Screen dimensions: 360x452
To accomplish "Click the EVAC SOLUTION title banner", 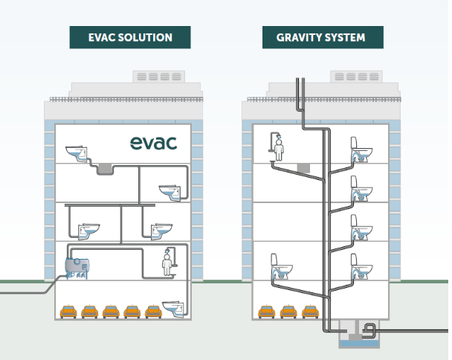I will [130, 37].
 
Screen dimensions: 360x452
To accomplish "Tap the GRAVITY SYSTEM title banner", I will [320, 37].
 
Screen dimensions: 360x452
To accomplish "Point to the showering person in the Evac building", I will [168, 261].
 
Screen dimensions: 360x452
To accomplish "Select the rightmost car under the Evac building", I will [153, 311].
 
